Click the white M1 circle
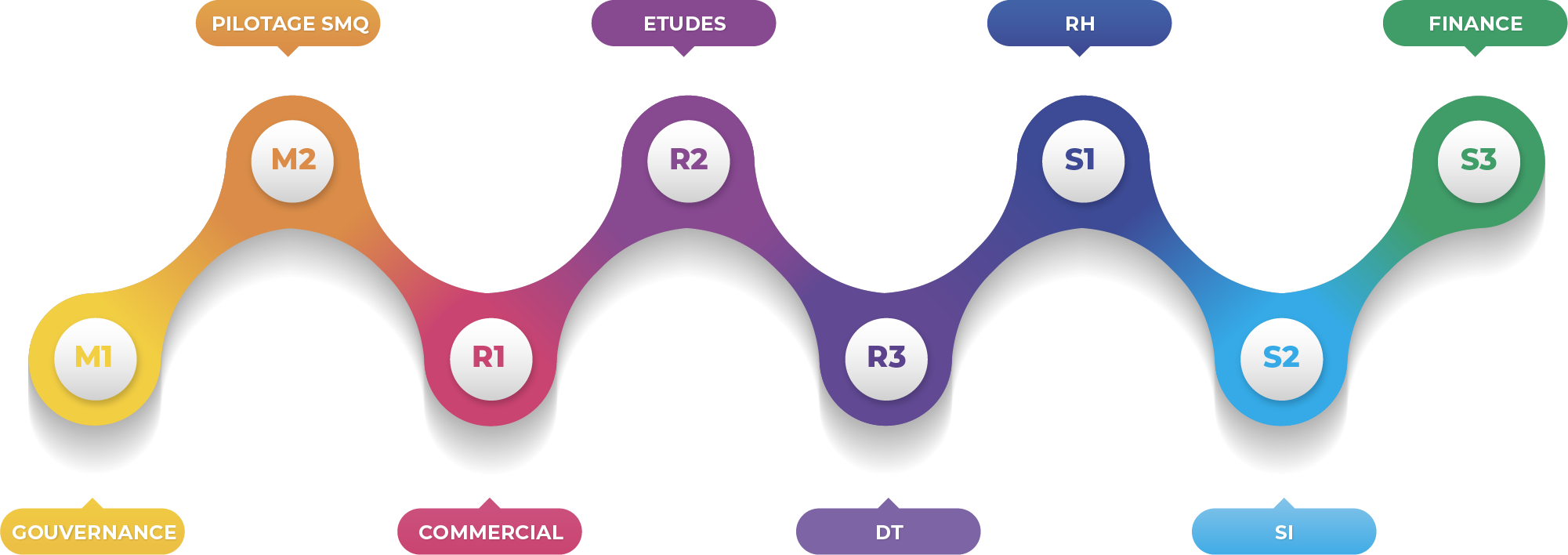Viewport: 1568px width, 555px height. point(95,358)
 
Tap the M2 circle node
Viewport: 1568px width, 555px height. point(292,161)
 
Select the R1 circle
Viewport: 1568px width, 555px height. point(491,358)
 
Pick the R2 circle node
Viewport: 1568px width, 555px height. point(688,161)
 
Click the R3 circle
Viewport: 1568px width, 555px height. point(885,358)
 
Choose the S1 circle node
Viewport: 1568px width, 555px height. point(1083,161)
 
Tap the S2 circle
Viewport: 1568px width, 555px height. point(1281,358)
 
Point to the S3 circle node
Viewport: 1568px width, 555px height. point(1479,161)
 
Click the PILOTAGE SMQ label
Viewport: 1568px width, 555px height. point(290,24)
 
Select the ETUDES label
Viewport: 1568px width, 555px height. point(685,24)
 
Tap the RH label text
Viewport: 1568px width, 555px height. point(1080,24)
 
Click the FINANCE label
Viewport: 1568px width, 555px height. point(1476,24)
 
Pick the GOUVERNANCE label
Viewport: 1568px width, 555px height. point(94,533)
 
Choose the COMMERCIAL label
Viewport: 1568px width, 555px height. point(491,533)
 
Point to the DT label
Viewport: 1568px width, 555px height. point(889,533)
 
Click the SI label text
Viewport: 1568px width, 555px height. point(1284,533)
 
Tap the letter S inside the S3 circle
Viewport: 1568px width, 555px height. point(1469,160)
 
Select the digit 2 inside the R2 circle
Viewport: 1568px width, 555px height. point(698,160)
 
